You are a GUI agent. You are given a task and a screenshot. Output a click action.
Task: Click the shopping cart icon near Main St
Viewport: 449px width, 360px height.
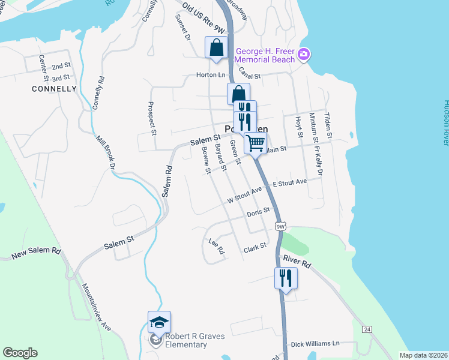pyautogui.click(x=255, y=143)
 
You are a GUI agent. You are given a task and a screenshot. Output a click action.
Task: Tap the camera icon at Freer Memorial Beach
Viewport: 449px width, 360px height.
pyautogui.click(x=304, y=55)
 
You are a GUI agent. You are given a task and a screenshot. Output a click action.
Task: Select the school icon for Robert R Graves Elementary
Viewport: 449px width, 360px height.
pyautogui.click(x=159, y=322)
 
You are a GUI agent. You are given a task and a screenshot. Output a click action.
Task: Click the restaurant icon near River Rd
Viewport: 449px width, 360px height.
pyautogui.click(x=286, y=278)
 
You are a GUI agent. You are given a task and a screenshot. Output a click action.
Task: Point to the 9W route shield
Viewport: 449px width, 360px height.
pyautogui.click(x=280, y=226)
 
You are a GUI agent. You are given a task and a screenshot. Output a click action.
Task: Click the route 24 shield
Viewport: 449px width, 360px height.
pyautogui.click(x=366, y=329)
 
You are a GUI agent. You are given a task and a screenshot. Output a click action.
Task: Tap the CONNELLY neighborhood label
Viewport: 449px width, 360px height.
pyautogui.click(x=55, y=89)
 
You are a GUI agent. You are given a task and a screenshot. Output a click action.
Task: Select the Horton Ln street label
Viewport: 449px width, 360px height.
pyautogui.click(x=211, y=75)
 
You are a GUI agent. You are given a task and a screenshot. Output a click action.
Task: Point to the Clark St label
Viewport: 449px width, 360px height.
pyautogui.click(x=255, y=247)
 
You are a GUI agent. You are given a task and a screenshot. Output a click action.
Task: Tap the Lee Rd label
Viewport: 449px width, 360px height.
pyautogui.click(x=216, y=247)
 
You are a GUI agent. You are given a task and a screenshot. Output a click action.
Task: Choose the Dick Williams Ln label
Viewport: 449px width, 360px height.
pyautogui.click(x=315, y=344)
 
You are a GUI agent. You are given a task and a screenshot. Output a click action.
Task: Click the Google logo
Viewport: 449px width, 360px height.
pyautogui.click(x=20, y=353)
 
